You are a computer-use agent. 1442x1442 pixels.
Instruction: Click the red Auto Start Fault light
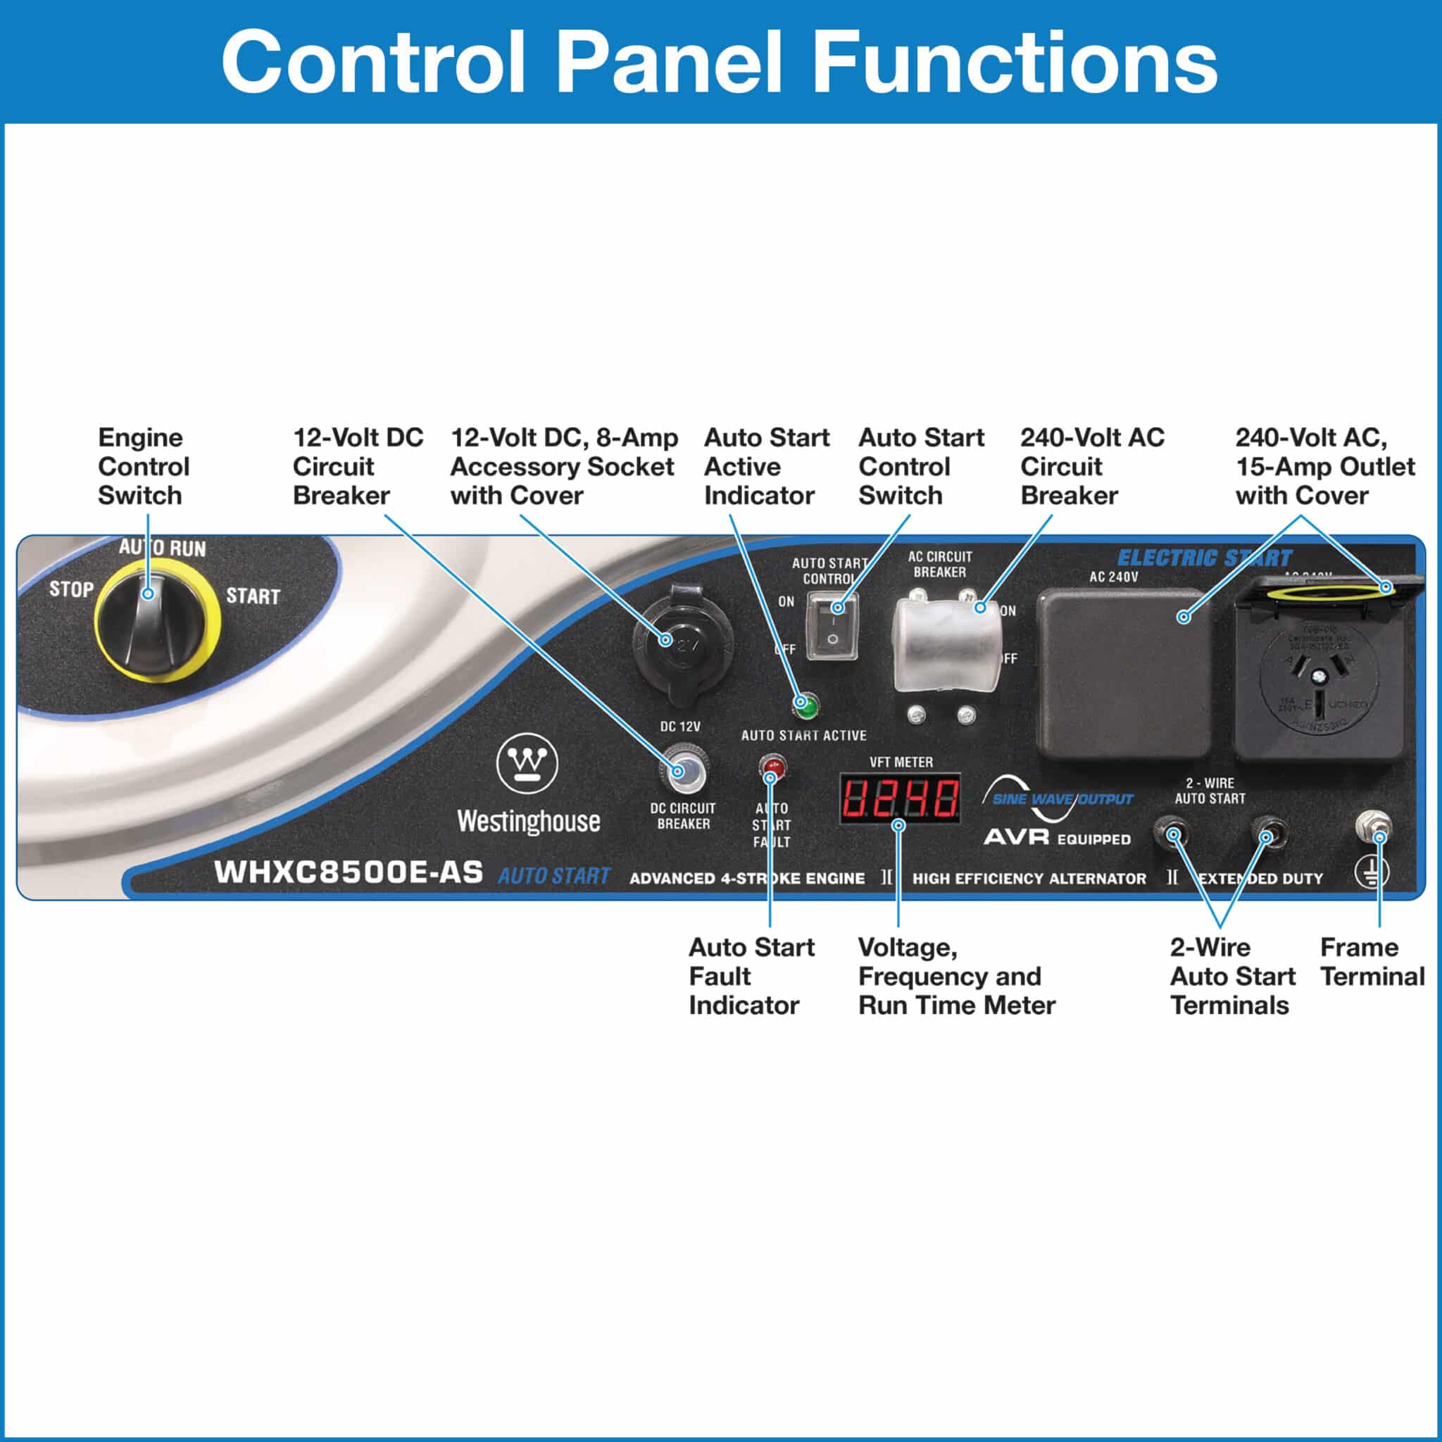[x=772, y=767]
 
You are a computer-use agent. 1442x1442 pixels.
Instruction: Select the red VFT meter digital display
[x=899, y=798]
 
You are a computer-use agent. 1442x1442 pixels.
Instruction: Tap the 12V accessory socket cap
[x=682, y=642]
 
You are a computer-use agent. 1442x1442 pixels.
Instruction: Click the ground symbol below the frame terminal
[x=1372, y=872]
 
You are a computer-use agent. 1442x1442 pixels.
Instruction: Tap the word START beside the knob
[x=252, y=596]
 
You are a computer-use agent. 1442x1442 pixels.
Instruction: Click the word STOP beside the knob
[x=72, y=589]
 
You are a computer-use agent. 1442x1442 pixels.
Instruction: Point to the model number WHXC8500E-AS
[x=348, y=872]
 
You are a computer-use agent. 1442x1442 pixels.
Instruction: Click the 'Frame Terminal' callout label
[x=1372, y=962]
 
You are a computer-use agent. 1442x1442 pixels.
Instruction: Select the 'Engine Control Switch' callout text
[x=144, y=467]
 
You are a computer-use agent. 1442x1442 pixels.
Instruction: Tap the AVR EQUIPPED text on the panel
[x=1057, y=837]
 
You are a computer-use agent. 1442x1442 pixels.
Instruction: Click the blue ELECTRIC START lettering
[x=1203, y=558]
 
